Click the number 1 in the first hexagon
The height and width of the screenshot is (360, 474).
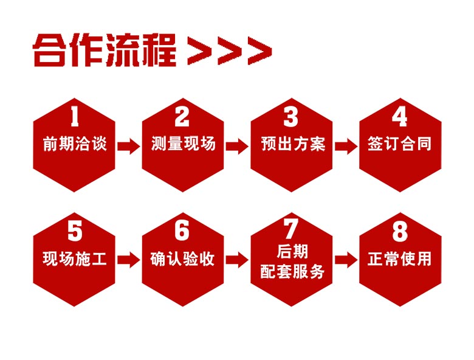74,117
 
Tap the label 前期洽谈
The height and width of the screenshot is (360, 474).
75,144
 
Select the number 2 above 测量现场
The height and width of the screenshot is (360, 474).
182,117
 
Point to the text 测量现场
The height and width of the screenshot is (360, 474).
183,144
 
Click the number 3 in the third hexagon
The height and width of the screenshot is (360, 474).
291,117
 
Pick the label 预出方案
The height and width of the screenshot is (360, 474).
292,144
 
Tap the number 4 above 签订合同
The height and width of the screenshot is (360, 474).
400,117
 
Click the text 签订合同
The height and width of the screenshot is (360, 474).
400,144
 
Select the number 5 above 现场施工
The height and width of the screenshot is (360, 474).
75,231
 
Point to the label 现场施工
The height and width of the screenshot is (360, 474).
75,258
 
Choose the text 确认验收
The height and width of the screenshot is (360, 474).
182,258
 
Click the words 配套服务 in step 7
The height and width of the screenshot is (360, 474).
292,271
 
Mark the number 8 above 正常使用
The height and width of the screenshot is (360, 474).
400,231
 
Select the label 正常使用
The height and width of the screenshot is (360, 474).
400,258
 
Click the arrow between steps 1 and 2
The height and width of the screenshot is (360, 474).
129,147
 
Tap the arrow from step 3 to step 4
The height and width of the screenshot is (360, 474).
346,147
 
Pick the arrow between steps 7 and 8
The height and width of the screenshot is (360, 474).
346,260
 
